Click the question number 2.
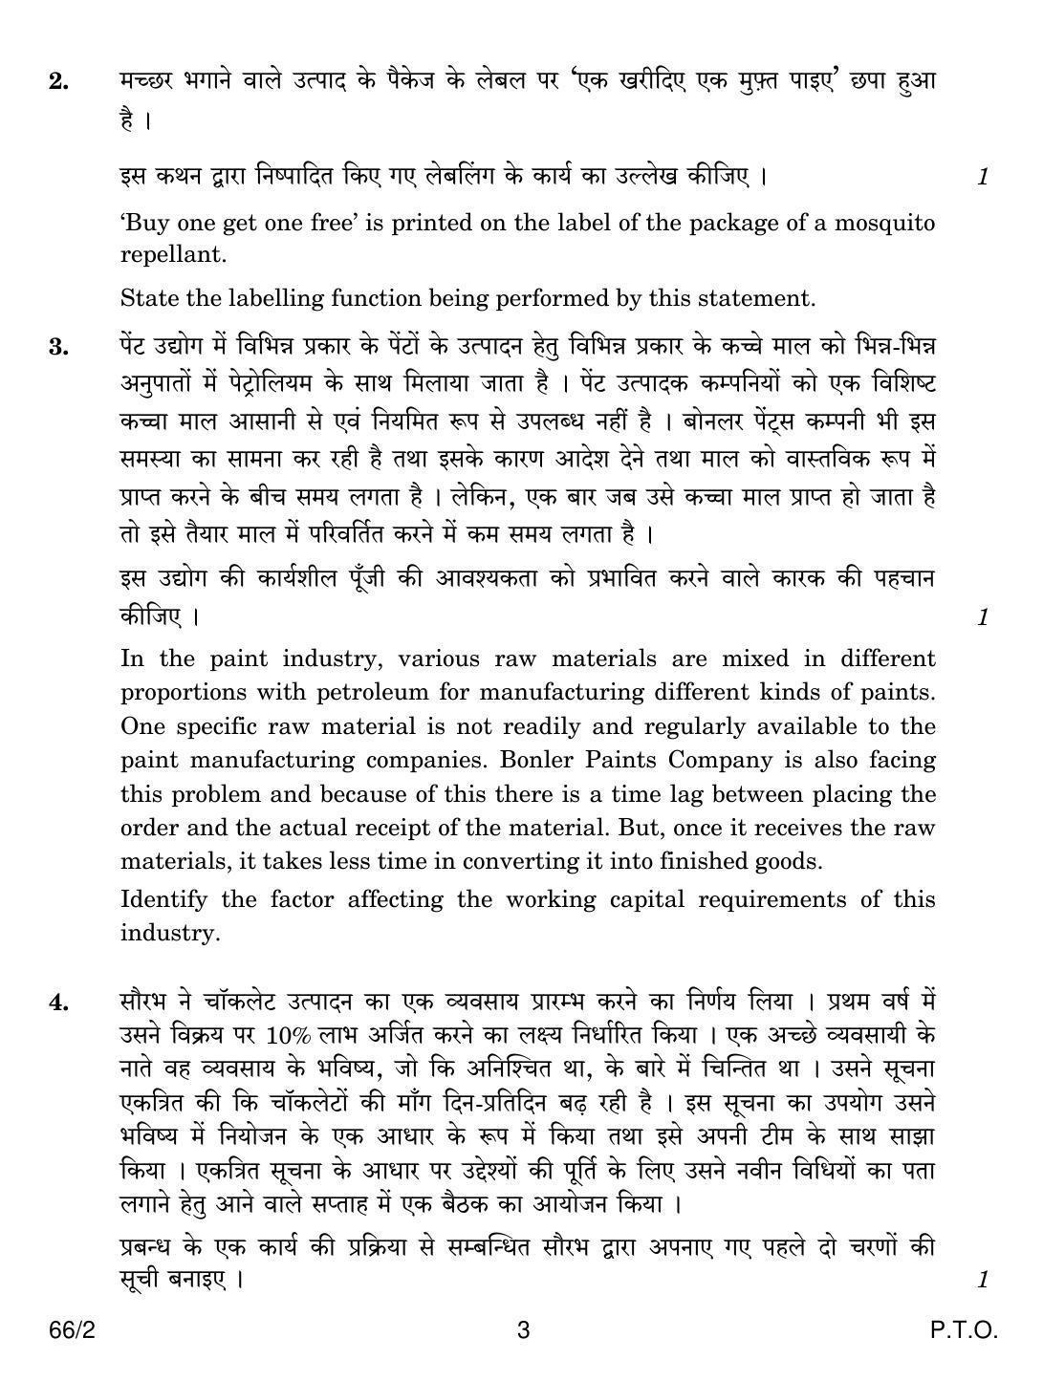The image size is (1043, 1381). tap(57, 82)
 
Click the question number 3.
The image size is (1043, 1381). tap(57, 347)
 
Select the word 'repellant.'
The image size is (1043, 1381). tap(173, 255)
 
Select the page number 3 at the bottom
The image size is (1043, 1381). tap(522, 1330)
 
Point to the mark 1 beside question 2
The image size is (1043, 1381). tap(982, 177)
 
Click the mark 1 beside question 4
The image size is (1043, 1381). tap(982, 1280)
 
